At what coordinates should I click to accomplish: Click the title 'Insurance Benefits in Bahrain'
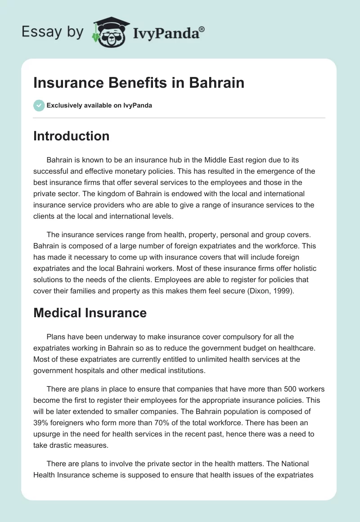point(139,83)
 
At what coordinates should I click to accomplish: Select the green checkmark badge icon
point(39,105)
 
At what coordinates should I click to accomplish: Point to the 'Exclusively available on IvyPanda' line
point(99,105)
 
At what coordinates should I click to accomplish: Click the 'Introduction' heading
point(71,136)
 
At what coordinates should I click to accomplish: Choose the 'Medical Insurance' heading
point(90,313)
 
